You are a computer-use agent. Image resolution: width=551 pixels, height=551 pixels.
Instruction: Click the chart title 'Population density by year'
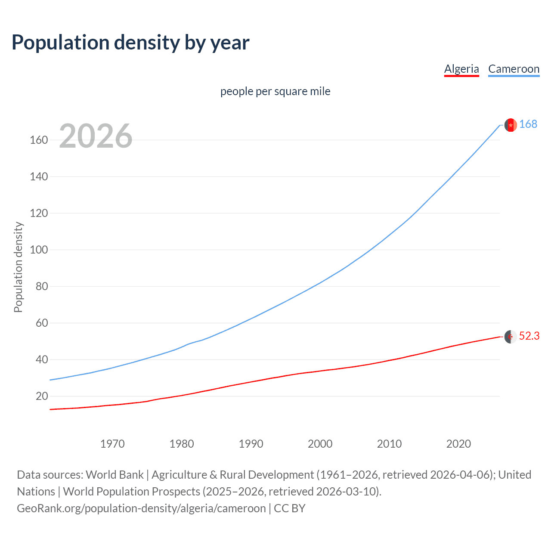click(x=130, y=43)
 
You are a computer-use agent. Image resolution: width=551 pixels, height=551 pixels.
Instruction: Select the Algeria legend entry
click(x=461, y=69)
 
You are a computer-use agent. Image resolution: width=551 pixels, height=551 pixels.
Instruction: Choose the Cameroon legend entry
click(x=514, y=69)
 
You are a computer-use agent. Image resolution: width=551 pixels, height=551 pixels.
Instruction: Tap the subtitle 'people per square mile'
click(x=275, y=91)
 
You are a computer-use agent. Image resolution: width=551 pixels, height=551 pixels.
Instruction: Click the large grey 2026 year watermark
click(x=96, y=136)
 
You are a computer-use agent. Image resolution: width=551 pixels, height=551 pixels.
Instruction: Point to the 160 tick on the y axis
click(x=39, y=140)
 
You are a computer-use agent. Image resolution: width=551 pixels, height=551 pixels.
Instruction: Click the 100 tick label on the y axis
click(x=39, y=250)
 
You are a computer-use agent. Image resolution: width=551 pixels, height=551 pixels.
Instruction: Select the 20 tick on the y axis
click(x=42, y=396)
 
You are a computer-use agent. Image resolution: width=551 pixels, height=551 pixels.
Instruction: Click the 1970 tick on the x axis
click(x=112, y=444)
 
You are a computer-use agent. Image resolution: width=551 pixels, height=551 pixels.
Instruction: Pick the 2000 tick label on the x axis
click(x=320, y=444)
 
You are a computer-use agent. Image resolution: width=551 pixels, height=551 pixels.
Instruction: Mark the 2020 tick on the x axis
click(x=458, y=444)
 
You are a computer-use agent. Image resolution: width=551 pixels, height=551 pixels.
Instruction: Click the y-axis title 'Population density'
click(x=18, y=267)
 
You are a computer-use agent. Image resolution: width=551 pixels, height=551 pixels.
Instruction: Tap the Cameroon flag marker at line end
click(x=511, y=125)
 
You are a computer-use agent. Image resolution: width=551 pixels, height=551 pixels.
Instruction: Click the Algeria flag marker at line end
click(x=511, y=337)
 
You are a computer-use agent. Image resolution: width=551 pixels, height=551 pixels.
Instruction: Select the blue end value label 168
click(x=528, y=124)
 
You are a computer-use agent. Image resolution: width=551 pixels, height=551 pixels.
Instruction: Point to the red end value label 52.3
click(x=529, y=336)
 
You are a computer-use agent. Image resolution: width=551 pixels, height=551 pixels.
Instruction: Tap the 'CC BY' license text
click(x=290, y=508)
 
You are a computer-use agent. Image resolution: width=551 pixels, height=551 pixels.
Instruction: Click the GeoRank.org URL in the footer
click(x=141, y=508)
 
